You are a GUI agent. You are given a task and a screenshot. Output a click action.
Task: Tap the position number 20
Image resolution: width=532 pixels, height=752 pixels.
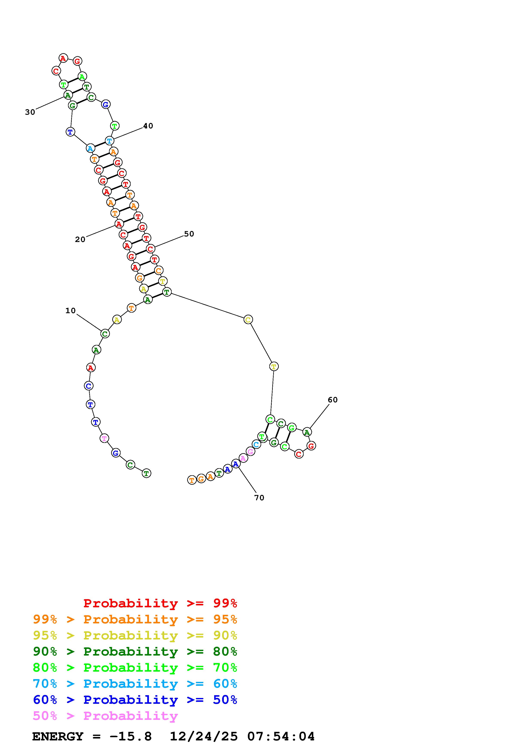[80, 239]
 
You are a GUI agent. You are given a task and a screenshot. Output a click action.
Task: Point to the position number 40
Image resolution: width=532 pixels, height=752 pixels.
[148, 126]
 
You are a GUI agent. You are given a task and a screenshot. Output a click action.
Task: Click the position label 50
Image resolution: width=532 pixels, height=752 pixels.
[189, 234]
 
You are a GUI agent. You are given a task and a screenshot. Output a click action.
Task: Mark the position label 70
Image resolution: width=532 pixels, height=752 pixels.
[259, 498]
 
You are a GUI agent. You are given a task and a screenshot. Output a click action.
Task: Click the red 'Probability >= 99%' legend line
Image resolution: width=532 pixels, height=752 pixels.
[160, 603]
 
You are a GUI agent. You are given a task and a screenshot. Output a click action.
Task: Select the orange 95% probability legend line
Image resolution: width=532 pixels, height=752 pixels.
[135, 619]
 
